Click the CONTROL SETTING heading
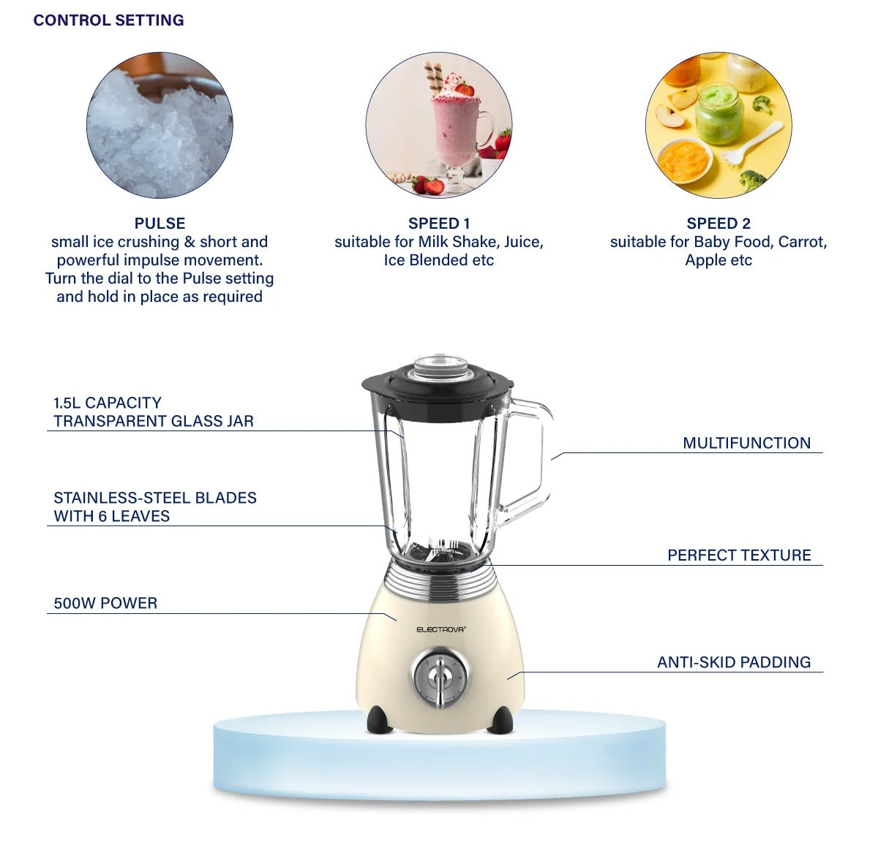(x=108, y=20)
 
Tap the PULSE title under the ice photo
(x=160, y=223)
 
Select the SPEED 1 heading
(x=438, y=223)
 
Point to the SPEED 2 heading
(x=718, y=223)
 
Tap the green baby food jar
(x=719, y=114)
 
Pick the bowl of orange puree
(x=684, y=160)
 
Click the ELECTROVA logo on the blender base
(x=440, y=629)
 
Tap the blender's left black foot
(x=380, y=719)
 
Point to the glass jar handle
(x=542, y=460)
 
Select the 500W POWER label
(x=105, y=603)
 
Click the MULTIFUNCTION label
(x=746, y=443)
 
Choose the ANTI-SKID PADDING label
(x=734, y=661)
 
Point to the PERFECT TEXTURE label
(x=739, y=555)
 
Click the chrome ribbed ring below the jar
(x=440, y=583)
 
